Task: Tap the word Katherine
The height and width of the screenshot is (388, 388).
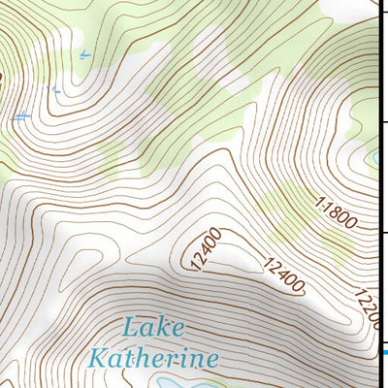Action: pyautogui.click(x=152, y=359)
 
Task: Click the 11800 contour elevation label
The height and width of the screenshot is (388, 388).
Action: pyautogui.click(x=337, y=212)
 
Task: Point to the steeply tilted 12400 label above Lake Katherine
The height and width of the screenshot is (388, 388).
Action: pyautogui.click(x=207, y=250)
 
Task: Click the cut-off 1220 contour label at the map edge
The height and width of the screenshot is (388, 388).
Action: pyautogui.click(x=366, y=309)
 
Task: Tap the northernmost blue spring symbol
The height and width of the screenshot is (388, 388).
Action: pyautogui.click(x=85, y=55)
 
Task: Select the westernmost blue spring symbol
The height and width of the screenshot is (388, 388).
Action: pyautogui.click(x=21, y=117)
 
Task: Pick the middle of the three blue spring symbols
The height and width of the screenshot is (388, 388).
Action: pyautogui.click(x=56, y=90)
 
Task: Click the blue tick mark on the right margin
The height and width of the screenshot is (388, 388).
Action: pyautogui.click(x=385, y=352)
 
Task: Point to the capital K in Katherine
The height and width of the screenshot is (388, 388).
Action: pyautogui.click(x=95, y=358)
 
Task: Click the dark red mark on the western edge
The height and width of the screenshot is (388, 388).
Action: pyautogui.click(x=2, y=77)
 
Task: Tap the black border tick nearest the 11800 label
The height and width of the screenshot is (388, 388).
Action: pyautogui.click(x=383, y=233)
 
